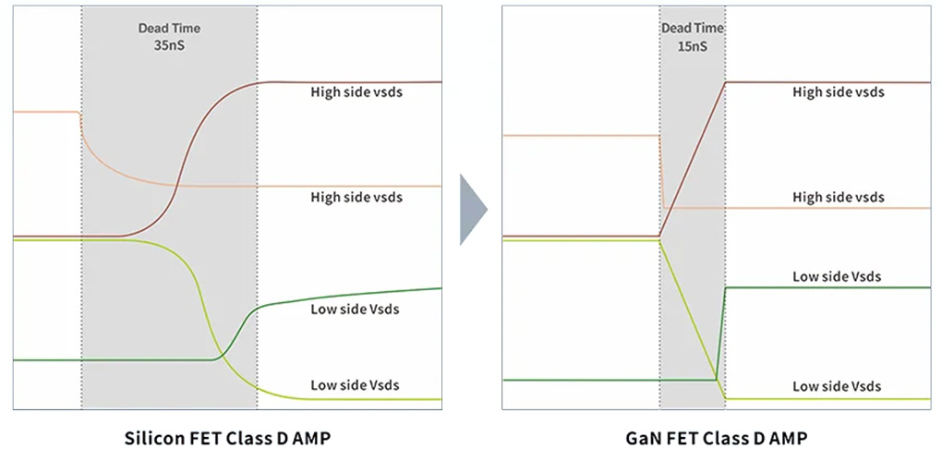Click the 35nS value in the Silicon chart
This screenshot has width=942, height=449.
click(169, 43)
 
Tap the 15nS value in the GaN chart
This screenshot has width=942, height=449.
click(692, 43)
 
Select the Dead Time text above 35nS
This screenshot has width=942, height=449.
click(169, 28)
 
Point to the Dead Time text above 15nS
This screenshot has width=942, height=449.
click(692, 28)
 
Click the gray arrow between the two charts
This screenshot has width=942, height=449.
click(472, 212)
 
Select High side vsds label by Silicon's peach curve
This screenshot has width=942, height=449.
click(356, 197)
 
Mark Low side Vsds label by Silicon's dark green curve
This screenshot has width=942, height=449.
click(355, 309)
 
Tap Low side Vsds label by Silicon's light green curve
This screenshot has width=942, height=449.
click(355, 384)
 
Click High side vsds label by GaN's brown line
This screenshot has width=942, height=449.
click(838, 91)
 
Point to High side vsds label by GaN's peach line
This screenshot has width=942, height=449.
click(838, 197)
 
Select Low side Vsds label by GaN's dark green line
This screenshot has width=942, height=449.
click(837, 276)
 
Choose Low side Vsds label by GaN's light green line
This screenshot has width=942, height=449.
click(837, 385)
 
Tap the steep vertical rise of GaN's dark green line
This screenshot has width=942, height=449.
click(720, 333)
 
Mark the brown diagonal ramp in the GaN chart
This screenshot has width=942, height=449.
click(693, 159)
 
